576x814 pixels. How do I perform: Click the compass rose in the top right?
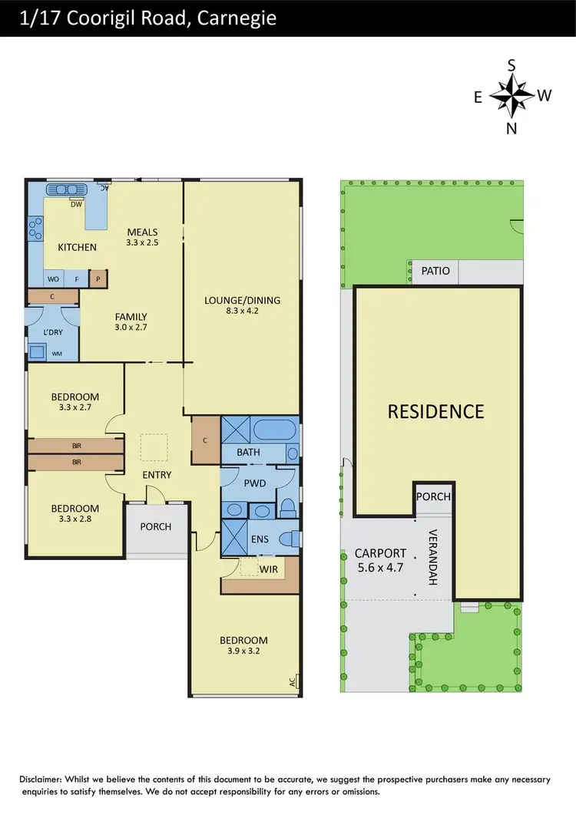pos(511,96)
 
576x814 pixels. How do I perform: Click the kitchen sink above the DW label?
pos(68,190)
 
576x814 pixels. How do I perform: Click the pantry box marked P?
pos(98,279)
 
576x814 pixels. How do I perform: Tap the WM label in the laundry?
pos(57,354)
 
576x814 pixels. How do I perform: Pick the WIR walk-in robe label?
pos(268,569)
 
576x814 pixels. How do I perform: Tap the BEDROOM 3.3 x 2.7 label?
pos(75,402)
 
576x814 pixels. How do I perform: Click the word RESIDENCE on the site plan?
pos(435,411)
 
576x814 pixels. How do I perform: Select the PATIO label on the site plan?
pos(435,271)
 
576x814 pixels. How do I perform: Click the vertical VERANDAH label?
pos(432,558)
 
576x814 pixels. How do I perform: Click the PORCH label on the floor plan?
pos(156,527)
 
